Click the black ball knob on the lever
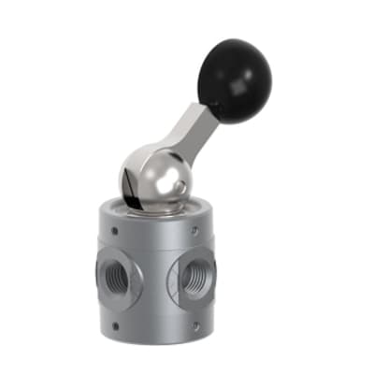tap(233, 71)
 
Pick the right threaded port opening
tap(197, 278)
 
